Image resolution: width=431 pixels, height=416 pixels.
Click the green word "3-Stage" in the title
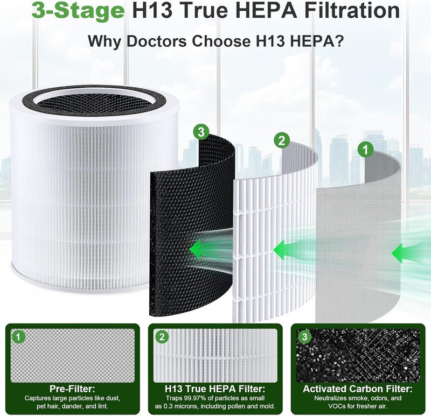pos(78,10)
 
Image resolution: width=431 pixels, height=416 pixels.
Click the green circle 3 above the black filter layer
pos(201,131)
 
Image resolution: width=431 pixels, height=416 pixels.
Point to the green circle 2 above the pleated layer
pos(282,141)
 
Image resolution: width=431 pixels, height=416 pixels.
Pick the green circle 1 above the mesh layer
pos(366,150)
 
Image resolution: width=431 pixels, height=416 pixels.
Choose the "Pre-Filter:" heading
pos(72,389)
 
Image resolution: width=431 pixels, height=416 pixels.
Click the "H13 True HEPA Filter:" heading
pos(215,389)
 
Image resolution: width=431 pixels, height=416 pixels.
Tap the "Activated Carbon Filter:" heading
pos(358,389)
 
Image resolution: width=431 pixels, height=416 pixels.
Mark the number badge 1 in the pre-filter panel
pos(18,337)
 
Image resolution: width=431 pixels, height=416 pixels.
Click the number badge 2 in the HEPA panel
pos(162,337)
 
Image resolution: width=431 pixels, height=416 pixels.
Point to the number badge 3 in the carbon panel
pos(304,337)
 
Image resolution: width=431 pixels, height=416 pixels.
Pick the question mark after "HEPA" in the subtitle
pos(339,41)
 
